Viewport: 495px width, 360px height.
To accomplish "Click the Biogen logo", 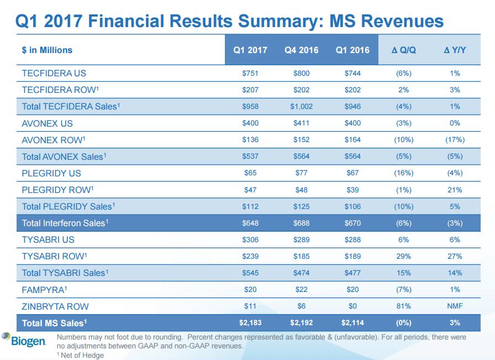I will click(x=24, y=340).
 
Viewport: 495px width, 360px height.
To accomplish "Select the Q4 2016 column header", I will click(x=302, y=50).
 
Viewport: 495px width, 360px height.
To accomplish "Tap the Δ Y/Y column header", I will click(x=455, y=50).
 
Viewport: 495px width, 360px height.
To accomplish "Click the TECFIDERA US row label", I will click(x=54, y=73).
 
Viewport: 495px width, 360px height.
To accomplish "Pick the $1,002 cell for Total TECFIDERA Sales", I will click(x=302, y=106).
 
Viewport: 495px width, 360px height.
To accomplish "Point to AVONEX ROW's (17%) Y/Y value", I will click(x=455, y=139).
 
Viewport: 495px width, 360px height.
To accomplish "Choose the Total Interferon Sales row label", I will click(x=65, y=223).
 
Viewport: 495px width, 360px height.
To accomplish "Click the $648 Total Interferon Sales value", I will click(x=250, y=223).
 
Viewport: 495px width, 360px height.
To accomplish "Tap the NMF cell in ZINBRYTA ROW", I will click(x=455, y=306).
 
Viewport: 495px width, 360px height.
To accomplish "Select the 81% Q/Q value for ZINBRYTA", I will click(x=403, y=306).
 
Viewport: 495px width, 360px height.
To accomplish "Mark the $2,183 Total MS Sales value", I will click(x=250, y=322).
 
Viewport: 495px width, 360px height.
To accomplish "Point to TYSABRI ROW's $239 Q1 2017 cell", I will click(x=250, y=256).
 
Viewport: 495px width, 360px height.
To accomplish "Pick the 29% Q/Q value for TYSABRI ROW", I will click(x=403, y=256).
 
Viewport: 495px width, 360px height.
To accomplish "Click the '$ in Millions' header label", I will click(x=47, y=50).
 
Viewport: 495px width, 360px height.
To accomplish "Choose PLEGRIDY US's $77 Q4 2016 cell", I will click(x=302, y=173).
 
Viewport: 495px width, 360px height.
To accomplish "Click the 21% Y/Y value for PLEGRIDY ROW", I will click(x=455, y=190).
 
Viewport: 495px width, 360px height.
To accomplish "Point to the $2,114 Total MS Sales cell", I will click(x=352, y=322).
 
